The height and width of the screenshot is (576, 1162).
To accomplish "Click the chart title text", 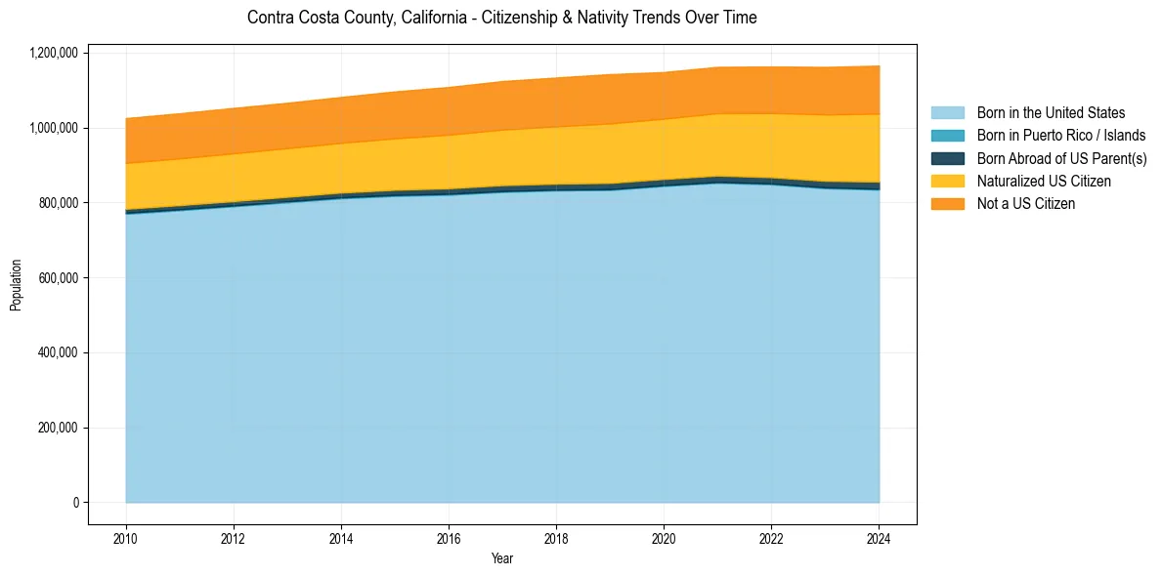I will [x=501, y=18].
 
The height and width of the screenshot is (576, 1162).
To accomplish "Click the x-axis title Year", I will [x=501, y=558].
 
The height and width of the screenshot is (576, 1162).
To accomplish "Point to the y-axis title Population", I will [x=16, y=285].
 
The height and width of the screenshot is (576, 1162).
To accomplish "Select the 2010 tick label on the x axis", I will [x=125, y=538].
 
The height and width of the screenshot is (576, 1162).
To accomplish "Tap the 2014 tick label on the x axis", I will [x=341, y=538].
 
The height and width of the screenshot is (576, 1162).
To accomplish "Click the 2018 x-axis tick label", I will [x=555, y=538].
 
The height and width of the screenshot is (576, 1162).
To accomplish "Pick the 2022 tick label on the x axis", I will [x=771, y=538].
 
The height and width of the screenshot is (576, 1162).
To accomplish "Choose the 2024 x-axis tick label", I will [x=879, y=538].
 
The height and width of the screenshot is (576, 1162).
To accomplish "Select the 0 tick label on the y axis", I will [x=76, y=503].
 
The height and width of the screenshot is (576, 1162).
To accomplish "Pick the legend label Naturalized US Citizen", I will [x=1044, y=182].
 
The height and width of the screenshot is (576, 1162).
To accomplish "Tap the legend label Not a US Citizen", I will [x=1025, y=204].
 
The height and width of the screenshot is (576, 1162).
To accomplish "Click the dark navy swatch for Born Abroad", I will [x=947, y=158].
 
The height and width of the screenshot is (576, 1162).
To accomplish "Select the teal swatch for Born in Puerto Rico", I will [x=947, y=136].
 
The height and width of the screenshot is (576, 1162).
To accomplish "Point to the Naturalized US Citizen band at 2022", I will [x=771, y=146].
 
